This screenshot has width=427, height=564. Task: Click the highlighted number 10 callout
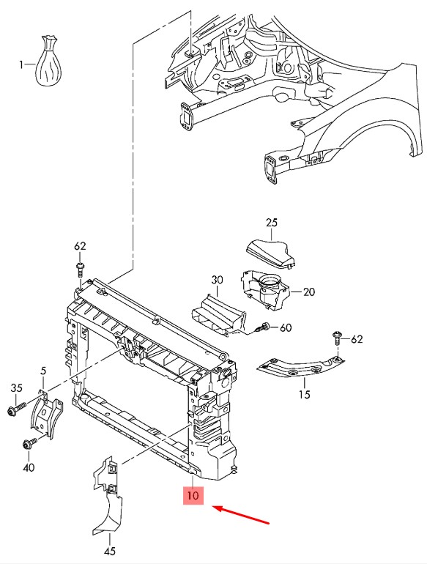[193, 495]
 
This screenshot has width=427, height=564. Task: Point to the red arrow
[241, 515]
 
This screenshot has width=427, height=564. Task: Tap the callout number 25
[272, 223]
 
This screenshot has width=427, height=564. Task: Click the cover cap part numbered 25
[271, 253]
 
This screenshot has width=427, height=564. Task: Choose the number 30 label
[217, 280]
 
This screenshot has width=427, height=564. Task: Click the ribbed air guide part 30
[218, 316]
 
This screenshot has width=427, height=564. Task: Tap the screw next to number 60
[263, 327]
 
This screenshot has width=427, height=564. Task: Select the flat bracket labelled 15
[300, 368]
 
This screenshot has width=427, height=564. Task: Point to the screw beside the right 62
[337, 338]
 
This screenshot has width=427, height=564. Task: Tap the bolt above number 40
[29, 444]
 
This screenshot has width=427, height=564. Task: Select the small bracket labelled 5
[46, 415]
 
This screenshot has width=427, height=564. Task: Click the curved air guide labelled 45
[106, 496]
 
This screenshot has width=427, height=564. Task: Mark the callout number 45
[110, 551]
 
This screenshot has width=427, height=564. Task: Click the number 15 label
[305, 394]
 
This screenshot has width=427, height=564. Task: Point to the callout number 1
[21, 64]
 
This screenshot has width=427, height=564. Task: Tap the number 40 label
[29, 467]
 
